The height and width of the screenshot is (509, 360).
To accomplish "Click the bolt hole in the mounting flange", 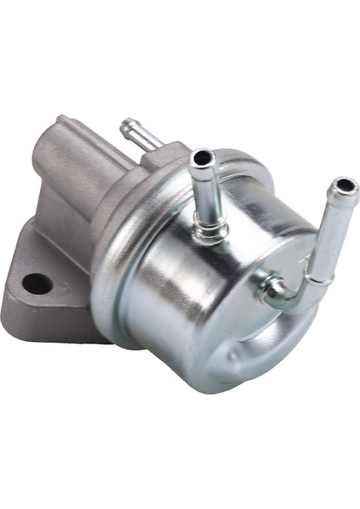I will (x=37, y=284).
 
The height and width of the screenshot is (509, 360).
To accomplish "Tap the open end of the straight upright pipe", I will (x=203, y=159).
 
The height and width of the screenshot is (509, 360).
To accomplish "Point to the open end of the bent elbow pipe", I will (x=343, y=185).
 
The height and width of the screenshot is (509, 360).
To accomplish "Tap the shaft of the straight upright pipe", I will (x=205, y=191).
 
